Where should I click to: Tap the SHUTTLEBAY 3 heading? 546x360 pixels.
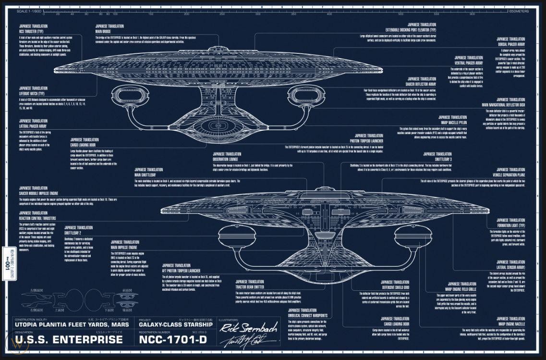click(x=430, y=159)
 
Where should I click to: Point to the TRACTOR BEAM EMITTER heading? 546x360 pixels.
click(x=250, y=286)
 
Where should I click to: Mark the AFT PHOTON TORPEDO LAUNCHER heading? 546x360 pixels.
click(x=181, y=270)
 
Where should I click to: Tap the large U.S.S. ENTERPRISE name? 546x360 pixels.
click(x=69, y=340)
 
